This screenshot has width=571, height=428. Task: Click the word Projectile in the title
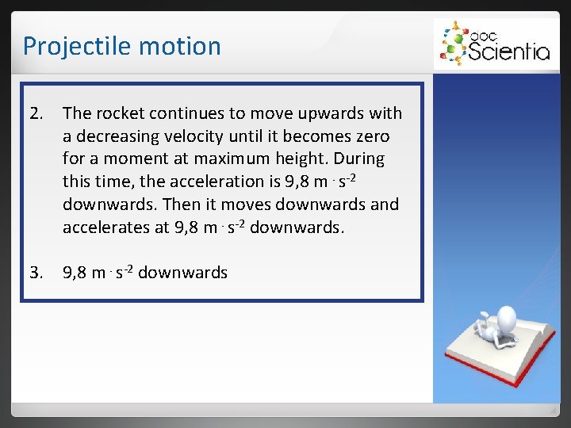point(67,46)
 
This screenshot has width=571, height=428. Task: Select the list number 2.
point(36,113)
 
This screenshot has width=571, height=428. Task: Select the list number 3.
point(36,273)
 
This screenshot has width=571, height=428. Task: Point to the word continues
point(184,113)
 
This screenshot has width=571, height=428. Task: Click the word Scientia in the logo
point(508,52)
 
